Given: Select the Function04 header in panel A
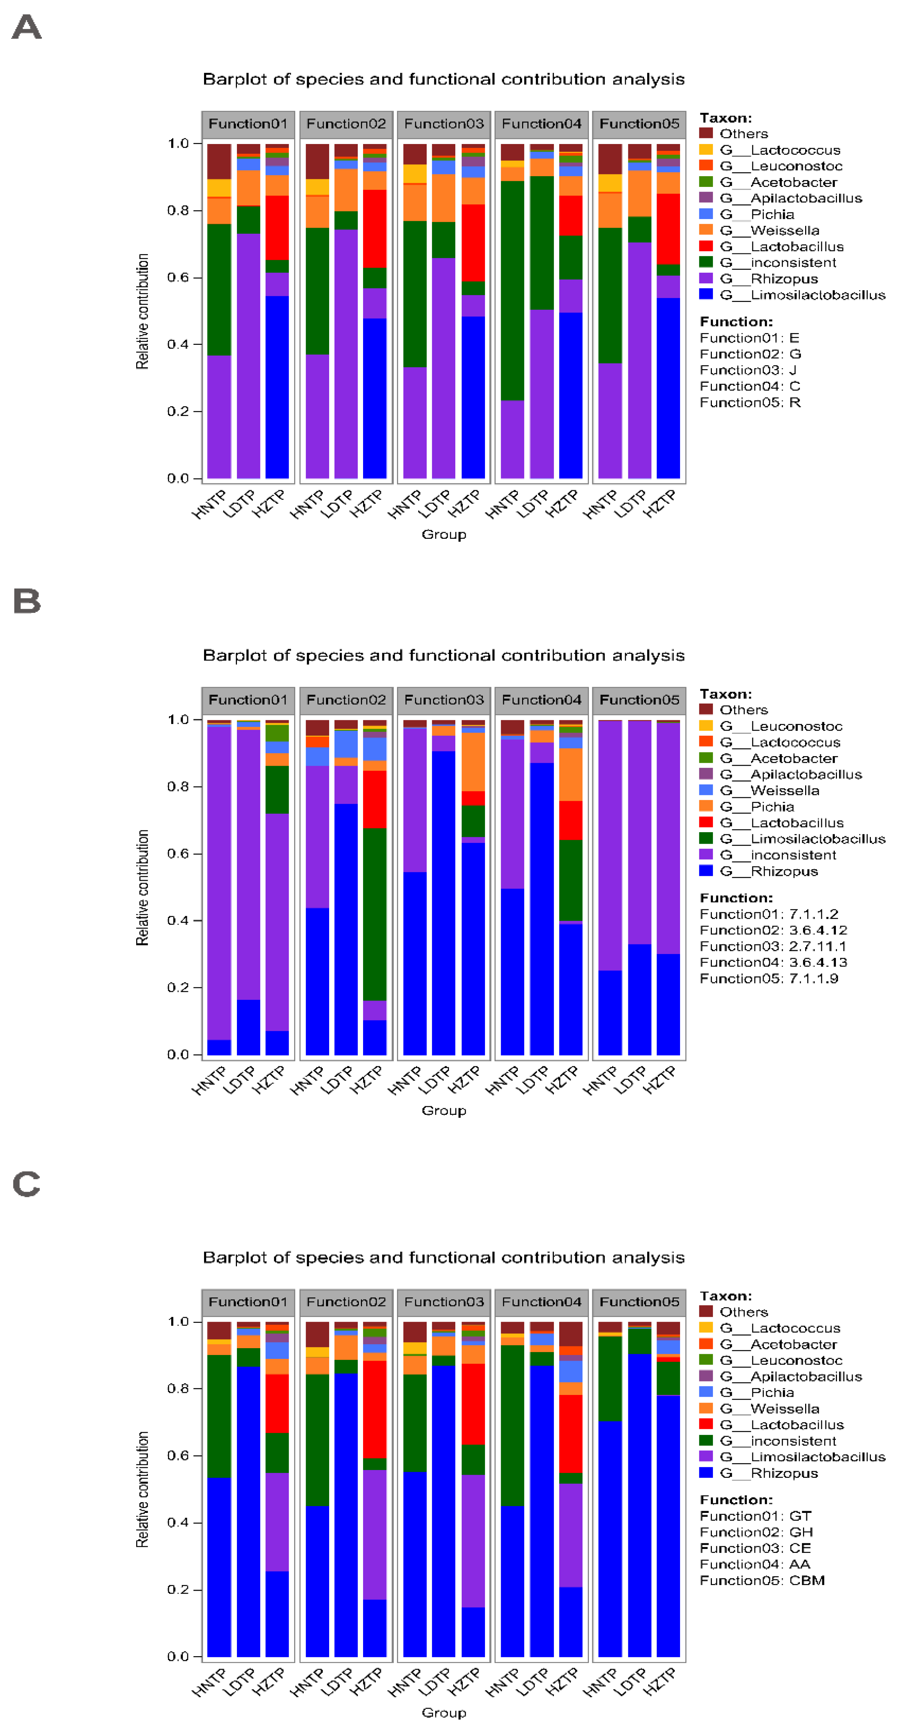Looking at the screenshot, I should (x=541, y=124).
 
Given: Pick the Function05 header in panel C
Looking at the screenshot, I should (x=639, y=1302).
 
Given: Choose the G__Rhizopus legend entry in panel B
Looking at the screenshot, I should (x=784, y=872).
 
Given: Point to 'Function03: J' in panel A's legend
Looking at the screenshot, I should (x=748, y=370).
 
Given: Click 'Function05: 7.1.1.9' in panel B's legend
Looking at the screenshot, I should (x=769, y=979).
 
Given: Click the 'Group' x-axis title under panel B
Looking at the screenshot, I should (x=443, y=1111).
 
